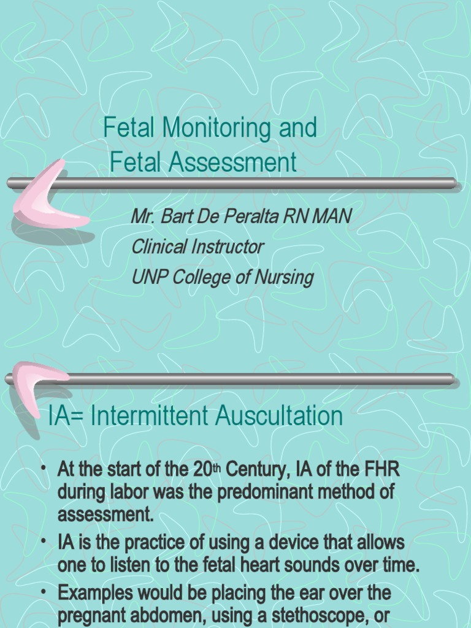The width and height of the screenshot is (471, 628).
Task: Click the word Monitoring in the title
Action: click(212, 128)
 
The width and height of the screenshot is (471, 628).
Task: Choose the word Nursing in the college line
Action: click(283, 278)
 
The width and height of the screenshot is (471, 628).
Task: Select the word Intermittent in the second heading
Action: click(153, 417)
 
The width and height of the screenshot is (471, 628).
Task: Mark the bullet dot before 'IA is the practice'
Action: click(45, 542)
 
